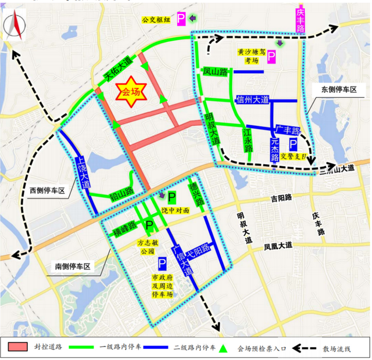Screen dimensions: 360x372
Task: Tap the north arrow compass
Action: point(13,28)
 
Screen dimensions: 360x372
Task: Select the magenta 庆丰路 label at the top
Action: point(300,20)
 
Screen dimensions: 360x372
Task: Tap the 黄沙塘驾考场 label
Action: point(248,56)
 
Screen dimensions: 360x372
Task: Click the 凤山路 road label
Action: point(214,72)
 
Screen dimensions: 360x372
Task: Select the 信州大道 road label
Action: point(253,100)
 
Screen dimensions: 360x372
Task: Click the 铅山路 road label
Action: point(122,191)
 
